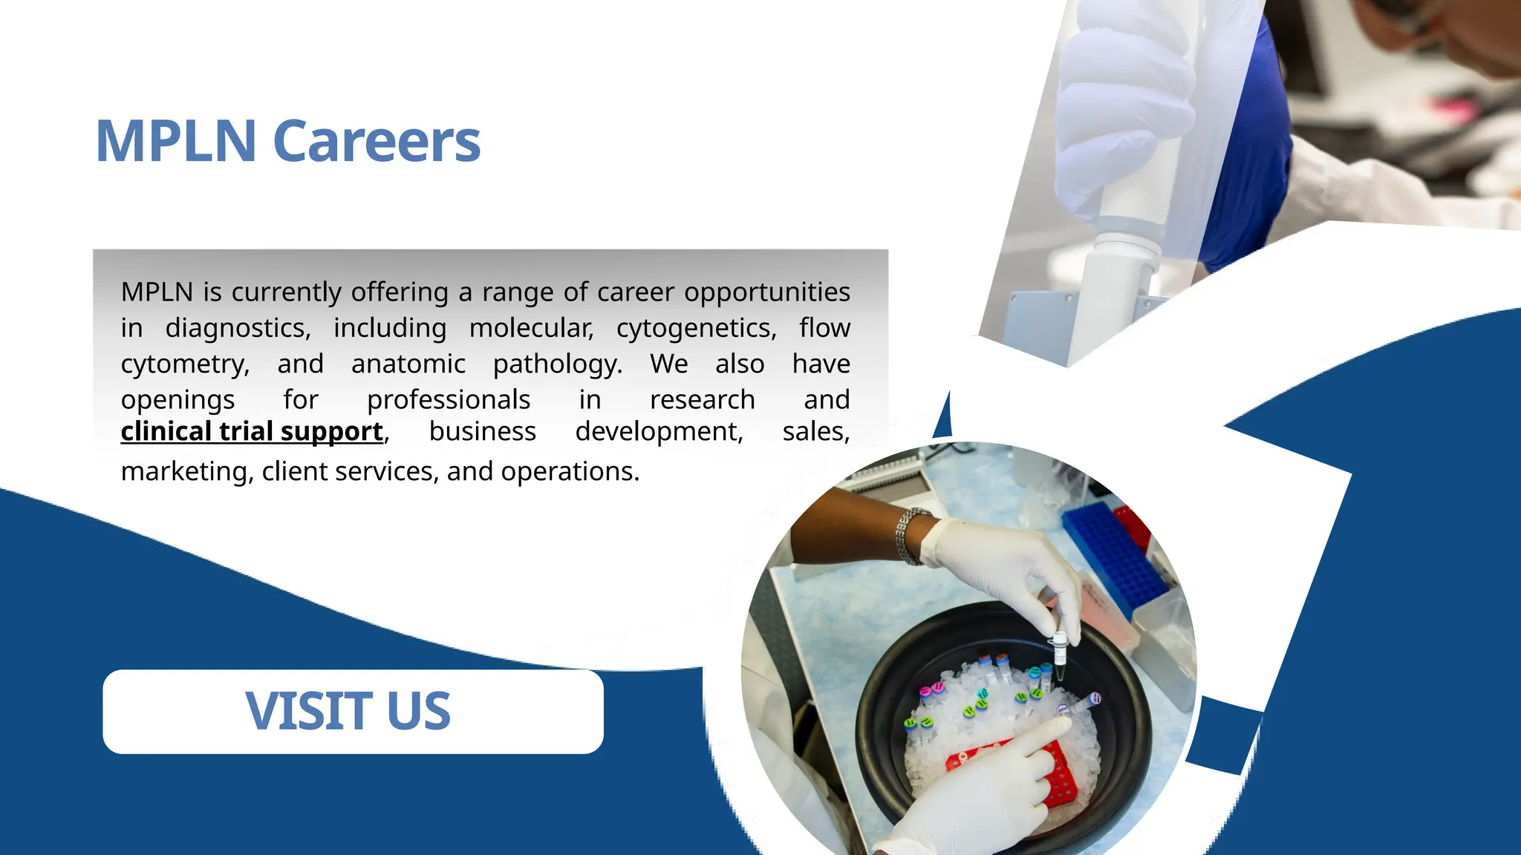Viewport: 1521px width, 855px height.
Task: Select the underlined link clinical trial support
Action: [x=252, y=431]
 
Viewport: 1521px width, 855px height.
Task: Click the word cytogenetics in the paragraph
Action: [x=696, y=328]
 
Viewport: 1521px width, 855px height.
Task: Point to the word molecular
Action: [x=531, y=328]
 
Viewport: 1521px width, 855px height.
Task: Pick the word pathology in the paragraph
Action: [x=557, y=364]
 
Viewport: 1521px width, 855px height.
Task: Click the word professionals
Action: [x=449, y=399]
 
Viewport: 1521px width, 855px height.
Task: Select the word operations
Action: [x=570, y=471]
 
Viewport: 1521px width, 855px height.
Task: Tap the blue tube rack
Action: [x=1114, y=557]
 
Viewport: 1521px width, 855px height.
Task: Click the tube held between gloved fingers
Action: [x=1060, y=653]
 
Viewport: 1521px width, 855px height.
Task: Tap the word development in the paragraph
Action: [x=659, y=431]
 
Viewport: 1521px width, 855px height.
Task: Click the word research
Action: [x=702, y=399]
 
